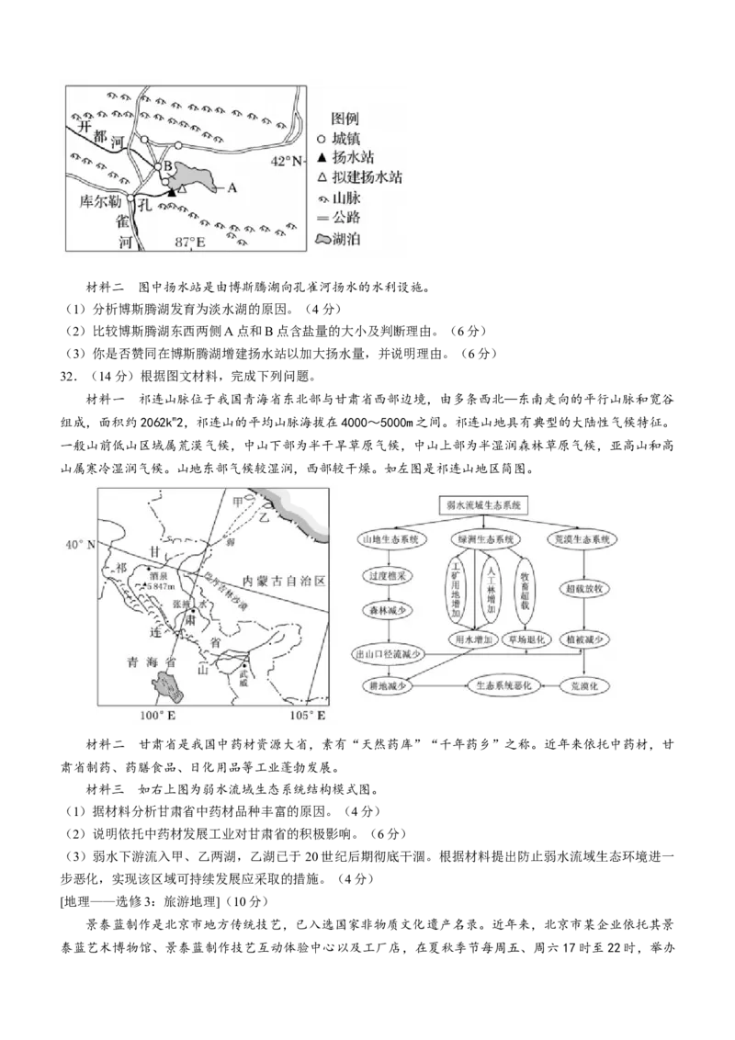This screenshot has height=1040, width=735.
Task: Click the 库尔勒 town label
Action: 98,200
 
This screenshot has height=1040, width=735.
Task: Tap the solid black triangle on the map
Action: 172,191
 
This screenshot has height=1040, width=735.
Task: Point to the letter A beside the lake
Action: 232,187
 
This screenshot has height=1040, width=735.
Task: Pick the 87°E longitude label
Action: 191,243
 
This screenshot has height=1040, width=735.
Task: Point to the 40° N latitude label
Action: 79,545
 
